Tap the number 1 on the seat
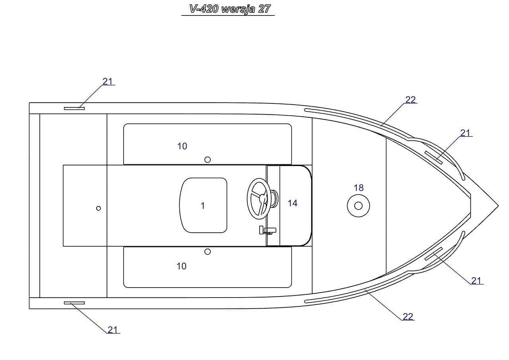pyautogui.click(x=203, y=206)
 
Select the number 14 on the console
pyautogui.click(x=292, y=203)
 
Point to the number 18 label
pyautogui.click(x=358, y=188)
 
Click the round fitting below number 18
pyautogui.click(x=358, y=206)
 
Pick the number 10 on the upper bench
pyautogui.click(x=182, y=146)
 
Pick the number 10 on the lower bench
pyautogui.click(x=181, y=266)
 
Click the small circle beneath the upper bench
pyautogui.click(x=207, y=160)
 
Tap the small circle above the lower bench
pyautogui.click(x=207, y=252)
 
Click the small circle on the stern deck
pyautogui.click(x=99, y=208)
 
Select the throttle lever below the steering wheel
pyautogui.click(x=267, y=230)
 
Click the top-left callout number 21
pyautogui.click(x=108, y=82)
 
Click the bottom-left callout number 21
pyautogui.click(x=113, y=330)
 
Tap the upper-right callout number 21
pyautogui.click(x=465, y=133)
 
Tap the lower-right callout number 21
pyautogui.click(x=476, y=281)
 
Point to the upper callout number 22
pyautogui.click(x=410, y=100)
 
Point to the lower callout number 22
pyautogui.click(x=408, y=317)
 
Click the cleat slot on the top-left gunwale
pyautogui.click(x=74, y=108)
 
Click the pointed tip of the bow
pyautogui.click(x=497, y=206)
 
